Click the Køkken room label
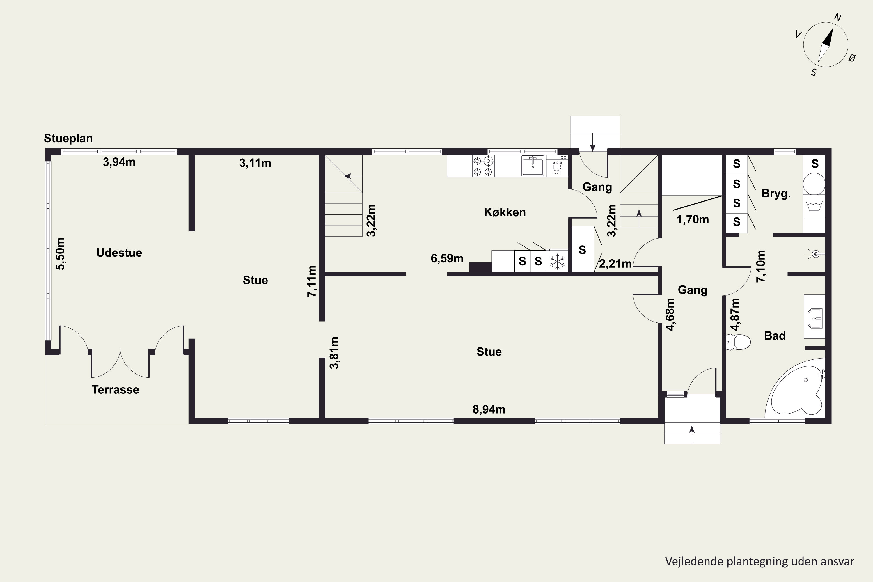pos(505,212)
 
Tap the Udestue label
pos(119,253)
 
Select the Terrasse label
pos(116,390)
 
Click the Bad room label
pos(775,336)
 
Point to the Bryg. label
pos(776,194)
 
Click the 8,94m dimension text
pos(489,409)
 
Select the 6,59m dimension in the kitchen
pos(447,258)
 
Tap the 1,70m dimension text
pos(693,220)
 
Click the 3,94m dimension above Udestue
pos(119,162)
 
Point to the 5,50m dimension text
pos(60,254)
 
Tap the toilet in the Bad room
pos(738,342)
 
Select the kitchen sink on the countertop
pos(533,166)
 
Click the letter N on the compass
pos(838,17)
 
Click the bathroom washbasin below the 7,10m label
pos(815,318)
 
